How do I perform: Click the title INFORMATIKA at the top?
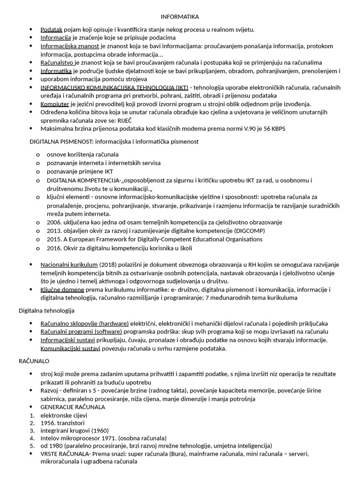[180, 17]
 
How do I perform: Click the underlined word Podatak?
[52, 30]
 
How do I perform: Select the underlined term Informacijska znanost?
[70, 46]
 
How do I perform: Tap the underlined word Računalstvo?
[58, 62]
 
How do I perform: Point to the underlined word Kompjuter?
[54, 104]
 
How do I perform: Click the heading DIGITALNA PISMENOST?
[62, 141]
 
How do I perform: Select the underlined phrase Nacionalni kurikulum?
[69, 264]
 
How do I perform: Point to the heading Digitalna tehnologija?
[46, 310]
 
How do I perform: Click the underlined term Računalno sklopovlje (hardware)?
[84, 323]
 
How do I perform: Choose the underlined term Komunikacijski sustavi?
[70, 348]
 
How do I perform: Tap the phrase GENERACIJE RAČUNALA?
[73, 407]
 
